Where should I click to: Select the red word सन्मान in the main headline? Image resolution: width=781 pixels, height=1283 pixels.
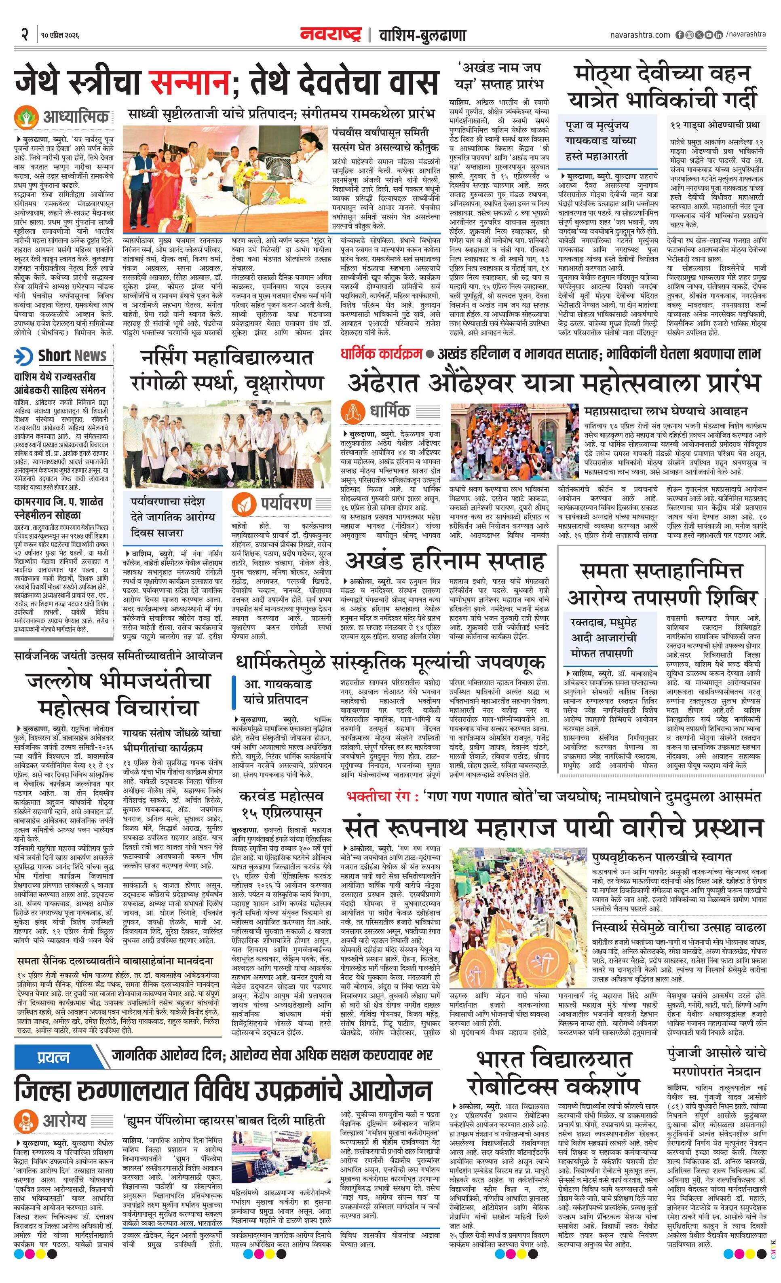tap(190, 82)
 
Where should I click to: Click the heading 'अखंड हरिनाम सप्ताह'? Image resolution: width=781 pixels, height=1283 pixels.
tap(445, 561)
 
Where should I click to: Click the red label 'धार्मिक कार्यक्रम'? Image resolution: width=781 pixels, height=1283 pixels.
tap(381, 354)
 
